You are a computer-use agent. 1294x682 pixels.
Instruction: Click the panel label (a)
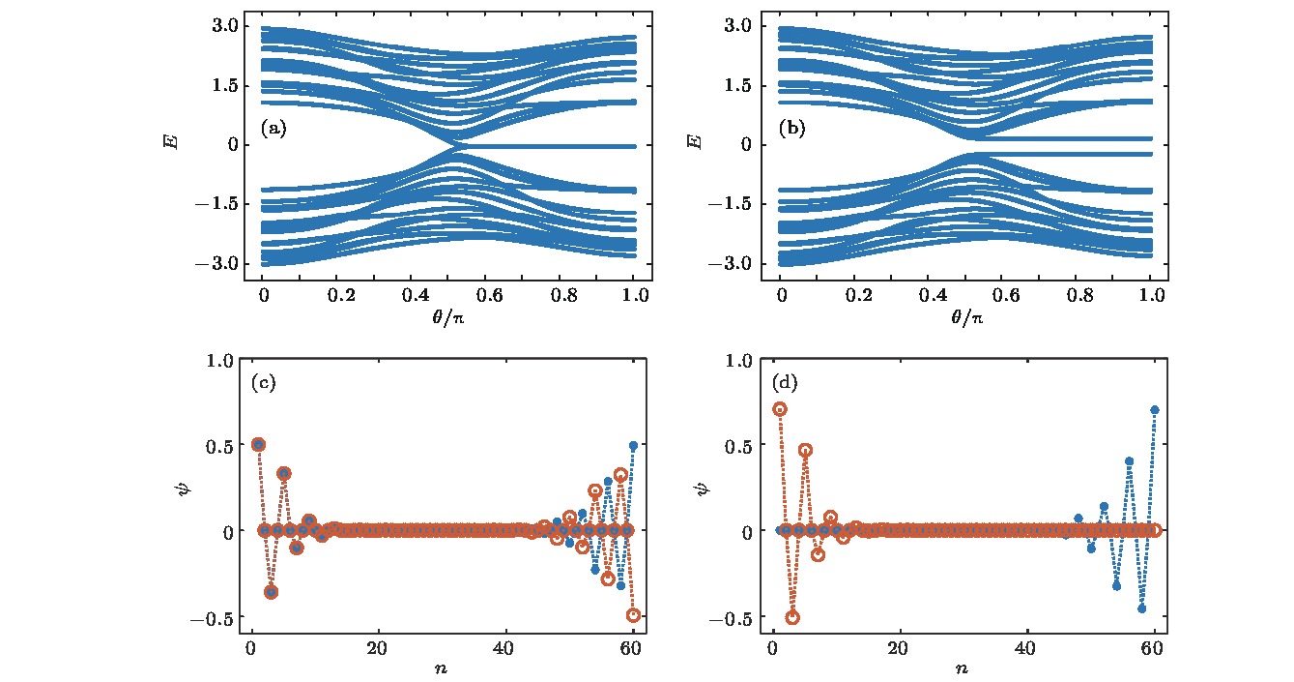(x=273, y=129)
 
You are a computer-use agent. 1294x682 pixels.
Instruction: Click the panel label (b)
(x=792, y=129)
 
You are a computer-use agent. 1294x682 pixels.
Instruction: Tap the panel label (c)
(x=264, y=382)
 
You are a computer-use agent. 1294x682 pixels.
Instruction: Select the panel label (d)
(x=786, y=382)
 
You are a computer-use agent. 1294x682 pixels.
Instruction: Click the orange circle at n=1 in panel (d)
(x=780, y=409)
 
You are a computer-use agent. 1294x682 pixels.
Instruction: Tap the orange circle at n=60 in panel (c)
(x=634, y=614)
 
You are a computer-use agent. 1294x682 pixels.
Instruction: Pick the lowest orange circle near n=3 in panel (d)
(x=792, y=617)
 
